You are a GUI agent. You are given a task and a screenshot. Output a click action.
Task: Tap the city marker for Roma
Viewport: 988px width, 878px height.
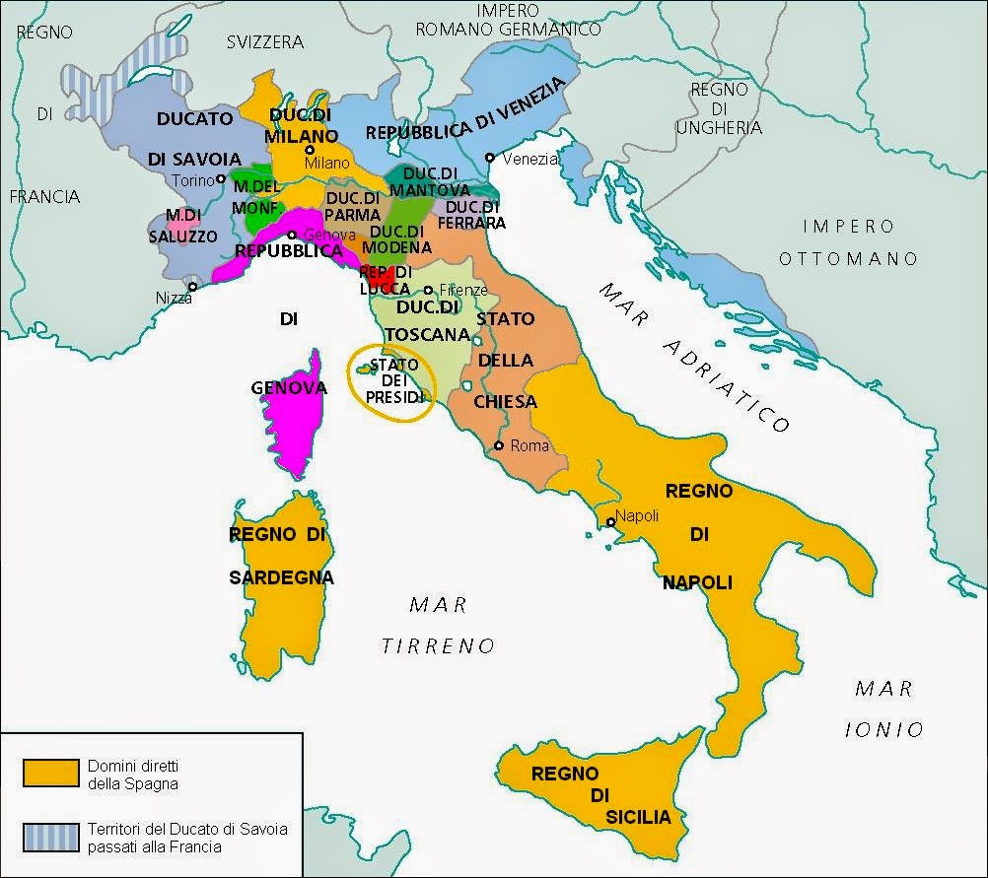click(x=500, y=445)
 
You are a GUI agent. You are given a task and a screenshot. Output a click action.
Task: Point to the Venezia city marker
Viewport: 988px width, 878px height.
click(x=490, y=158)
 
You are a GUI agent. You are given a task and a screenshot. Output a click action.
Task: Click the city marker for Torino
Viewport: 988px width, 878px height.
click(x=222, y=180)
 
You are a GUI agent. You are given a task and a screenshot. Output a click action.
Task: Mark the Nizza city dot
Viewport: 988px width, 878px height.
click(x=194, y=287)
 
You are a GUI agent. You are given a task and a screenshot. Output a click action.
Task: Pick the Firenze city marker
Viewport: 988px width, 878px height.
click(x=428, y=291)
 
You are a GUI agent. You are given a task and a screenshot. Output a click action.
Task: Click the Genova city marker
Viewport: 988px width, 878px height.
click(x=292, y=235)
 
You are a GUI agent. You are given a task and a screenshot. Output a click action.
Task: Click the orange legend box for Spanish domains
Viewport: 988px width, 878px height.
click(x=50, y=772)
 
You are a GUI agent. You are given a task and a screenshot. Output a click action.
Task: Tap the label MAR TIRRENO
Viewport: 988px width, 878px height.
click(x=439, y=625)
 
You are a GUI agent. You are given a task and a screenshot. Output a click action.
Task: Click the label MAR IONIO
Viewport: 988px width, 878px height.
click(x=884, y=709)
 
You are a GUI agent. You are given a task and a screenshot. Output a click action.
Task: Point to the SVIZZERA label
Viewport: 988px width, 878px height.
click(x=264, y=41)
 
